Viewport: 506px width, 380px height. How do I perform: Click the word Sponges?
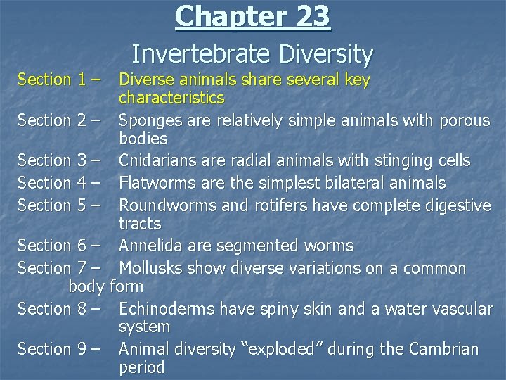tap(148, 121)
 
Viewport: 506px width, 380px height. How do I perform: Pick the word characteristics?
tap(171, 97)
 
